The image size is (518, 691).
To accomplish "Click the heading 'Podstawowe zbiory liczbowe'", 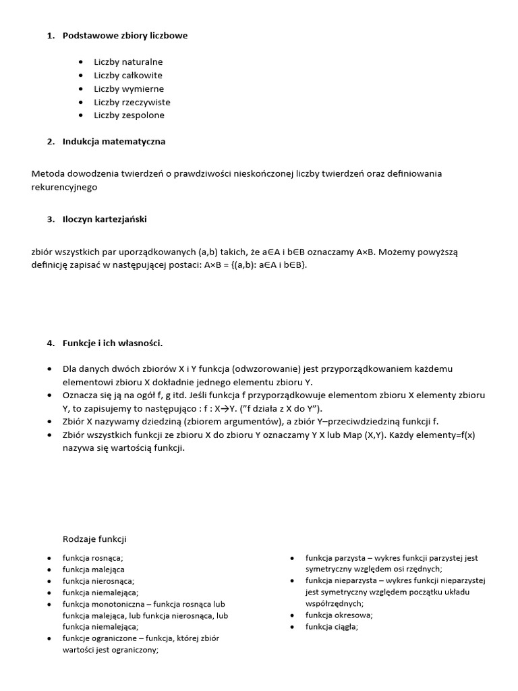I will pos(125,36).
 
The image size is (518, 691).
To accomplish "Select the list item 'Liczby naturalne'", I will pos(128,62).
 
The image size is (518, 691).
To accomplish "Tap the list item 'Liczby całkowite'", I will pos(128,76).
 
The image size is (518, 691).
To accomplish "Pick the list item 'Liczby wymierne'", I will pos(129,89).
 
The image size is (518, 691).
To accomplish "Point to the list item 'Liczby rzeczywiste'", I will pos(132,103).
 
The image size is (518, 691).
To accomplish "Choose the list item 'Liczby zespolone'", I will pos(129,115).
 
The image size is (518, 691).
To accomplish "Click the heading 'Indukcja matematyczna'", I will pos(114,142).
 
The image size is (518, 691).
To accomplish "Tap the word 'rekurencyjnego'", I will pos(64,187).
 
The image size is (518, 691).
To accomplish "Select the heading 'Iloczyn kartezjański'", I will pos(105,219).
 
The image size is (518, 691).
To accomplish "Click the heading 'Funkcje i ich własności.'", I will pos(113,343).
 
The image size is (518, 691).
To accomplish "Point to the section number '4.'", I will pos(51,343).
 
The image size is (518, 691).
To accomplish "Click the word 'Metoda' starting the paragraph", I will pos(47,174).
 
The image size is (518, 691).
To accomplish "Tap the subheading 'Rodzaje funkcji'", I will pos(94,539).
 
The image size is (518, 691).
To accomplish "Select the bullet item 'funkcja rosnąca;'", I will pos(93,558).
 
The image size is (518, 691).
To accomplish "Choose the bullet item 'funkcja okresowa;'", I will pos(339,615).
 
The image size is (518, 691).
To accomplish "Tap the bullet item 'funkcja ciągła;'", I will pos(331,627).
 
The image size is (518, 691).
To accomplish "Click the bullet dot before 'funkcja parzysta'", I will pos(293,559).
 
